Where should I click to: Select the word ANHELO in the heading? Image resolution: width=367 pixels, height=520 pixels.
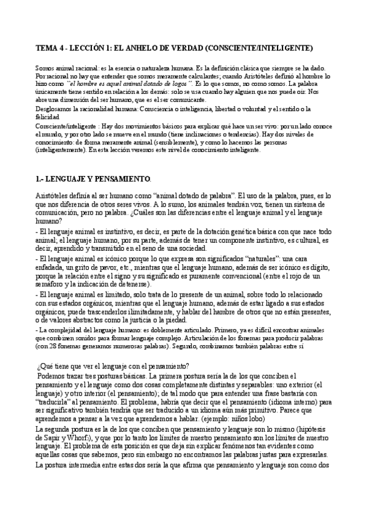(135, 47)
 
